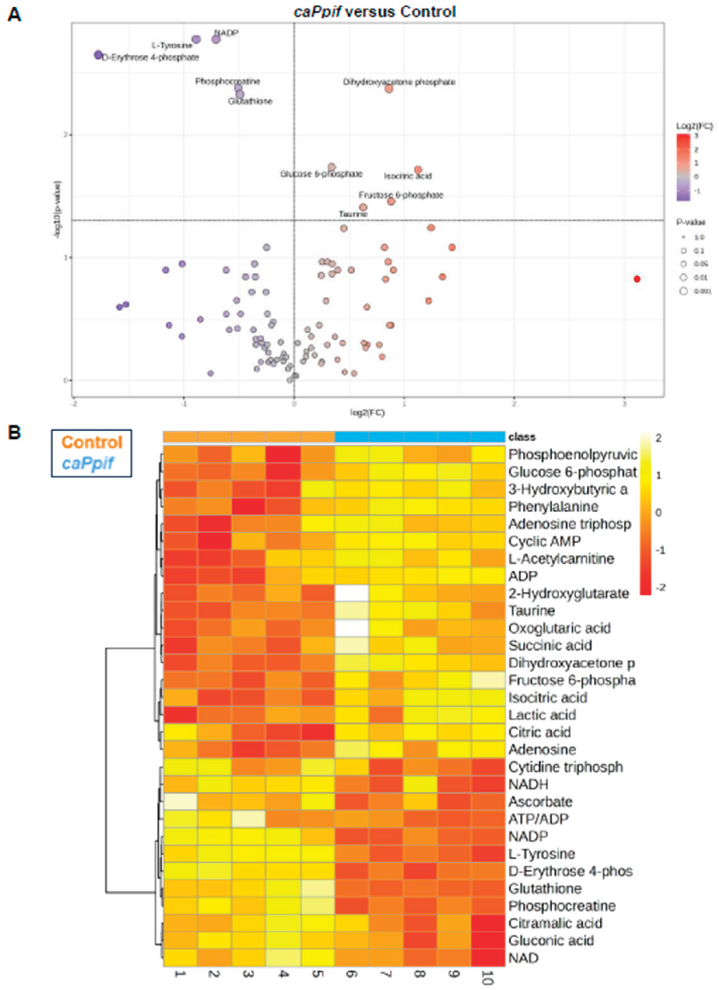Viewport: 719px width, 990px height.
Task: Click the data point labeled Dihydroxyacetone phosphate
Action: coord(389,89)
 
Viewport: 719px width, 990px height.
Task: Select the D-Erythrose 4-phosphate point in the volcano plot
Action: coord(98,55)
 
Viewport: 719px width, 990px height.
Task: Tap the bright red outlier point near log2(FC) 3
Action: coord(637,279)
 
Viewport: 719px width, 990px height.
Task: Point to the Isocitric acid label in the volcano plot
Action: coord(407,176)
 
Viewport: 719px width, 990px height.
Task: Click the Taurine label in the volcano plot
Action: coord(353,214)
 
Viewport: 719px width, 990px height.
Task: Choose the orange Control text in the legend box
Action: coord(92,442)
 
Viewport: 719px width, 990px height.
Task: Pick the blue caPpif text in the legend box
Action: coord(88,463)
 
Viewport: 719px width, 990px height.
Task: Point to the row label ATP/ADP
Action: coord(538,819)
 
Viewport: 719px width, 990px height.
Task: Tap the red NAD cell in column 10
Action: coord(488,958)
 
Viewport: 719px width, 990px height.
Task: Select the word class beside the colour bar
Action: coord(522,437)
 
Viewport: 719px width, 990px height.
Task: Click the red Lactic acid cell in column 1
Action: coord(181,715)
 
